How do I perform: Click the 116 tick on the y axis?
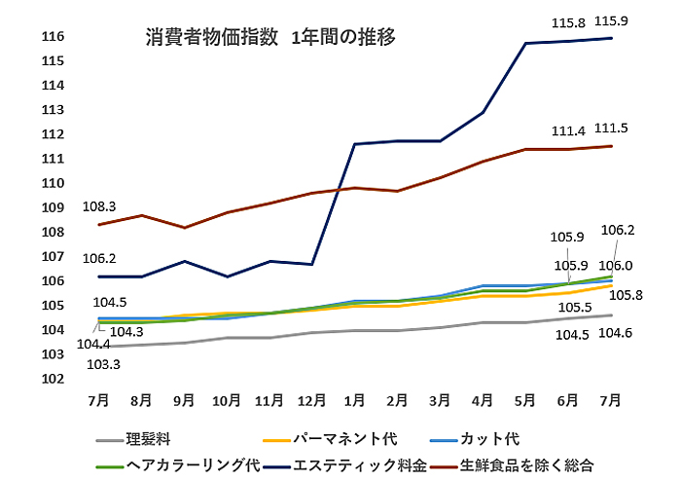click(x=53, y=37)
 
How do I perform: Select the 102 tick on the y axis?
click(x=53, y=380)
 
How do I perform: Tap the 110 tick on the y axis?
click(x=53, y=183)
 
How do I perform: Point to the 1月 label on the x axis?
click(x=355, y=400)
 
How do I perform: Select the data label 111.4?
click(x=568, y=130)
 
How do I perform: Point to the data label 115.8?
click(x=569, y=19)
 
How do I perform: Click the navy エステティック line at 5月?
click(x=526, y=44)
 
